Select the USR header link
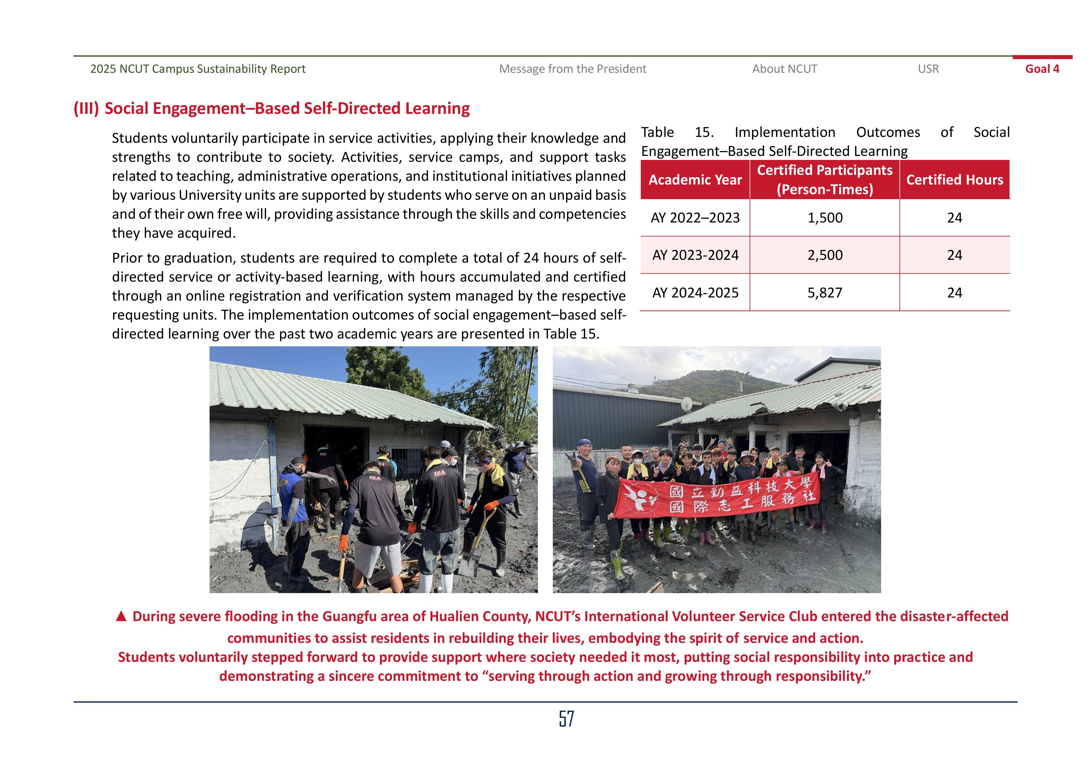coord(928,69)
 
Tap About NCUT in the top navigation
coord(784,69)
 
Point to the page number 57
coord(566,719)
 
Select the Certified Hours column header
coord(954,180)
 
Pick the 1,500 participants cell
coord(825,218)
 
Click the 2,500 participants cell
coord(825,255)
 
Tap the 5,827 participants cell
coord(825,292)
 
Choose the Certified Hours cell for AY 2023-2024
coord(954,255)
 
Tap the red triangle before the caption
coord(121,616)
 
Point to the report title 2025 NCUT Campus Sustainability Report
coord(198,69)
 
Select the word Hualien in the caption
coord(455,616)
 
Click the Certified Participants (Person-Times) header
coord(825,180)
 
